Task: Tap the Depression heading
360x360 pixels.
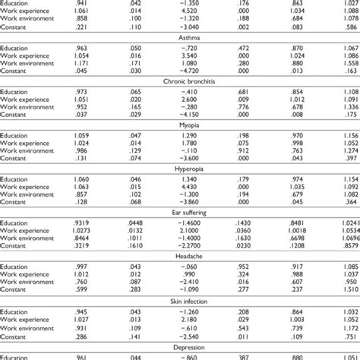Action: tap(179, 347)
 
